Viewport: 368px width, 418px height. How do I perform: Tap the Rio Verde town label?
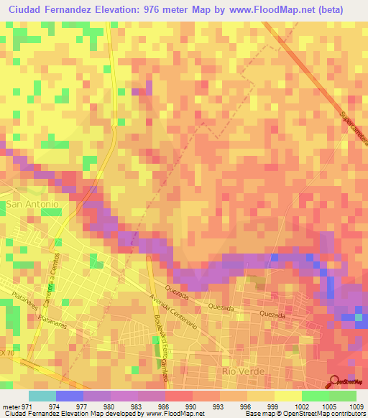coord(244,371)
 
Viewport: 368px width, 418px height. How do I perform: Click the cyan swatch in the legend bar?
coord(42,396)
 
